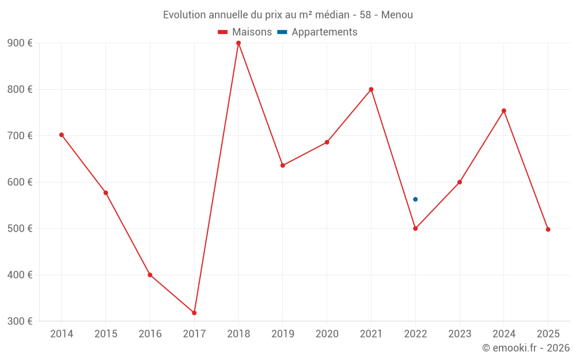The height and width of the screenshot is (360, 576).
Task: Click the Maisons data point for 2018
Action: click(238, 43)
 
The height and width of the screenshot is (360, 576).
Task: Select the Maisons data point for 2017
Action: click(194, 313)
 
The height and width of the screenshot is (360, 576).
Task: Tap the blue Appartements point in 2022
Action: click(415, 199)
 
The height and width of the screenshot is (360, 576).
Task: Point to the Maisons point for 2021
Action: click(371, 89)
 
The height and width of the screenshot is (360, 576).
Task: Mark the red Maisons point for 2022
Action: click(415, 229)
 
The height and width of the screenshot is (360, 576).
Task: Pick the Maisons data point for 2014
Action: click(62, 135)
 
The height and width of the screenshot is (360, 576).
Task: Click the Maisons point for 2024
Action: click(504, 111)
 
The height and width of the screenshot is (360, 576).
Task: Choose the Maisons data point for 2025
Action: click(548, 229)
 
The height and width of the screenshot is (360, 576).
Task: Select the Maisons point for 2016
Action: click(150, 275)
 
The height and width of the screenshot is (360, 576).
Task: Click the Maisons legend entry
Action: click(245, 32)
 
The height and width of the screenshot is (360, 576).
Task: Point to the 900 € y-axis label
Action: click(20, 43)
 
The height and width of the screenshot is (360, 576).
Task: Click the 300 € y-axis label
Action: click(20, 321)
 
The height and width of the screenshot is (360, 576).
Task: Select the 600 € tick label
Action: click(20, 182)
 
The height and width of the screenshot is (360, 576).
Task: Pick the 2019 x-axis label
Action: click(282, 334)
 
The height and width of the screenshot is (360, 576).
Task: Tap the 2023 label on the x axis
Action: click(460, 334)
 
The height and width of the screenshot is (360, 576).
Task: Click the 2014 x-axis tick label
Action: click(62, 334)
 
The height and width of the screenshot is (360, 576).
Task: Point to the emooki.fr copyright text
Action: click(526, 348)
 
